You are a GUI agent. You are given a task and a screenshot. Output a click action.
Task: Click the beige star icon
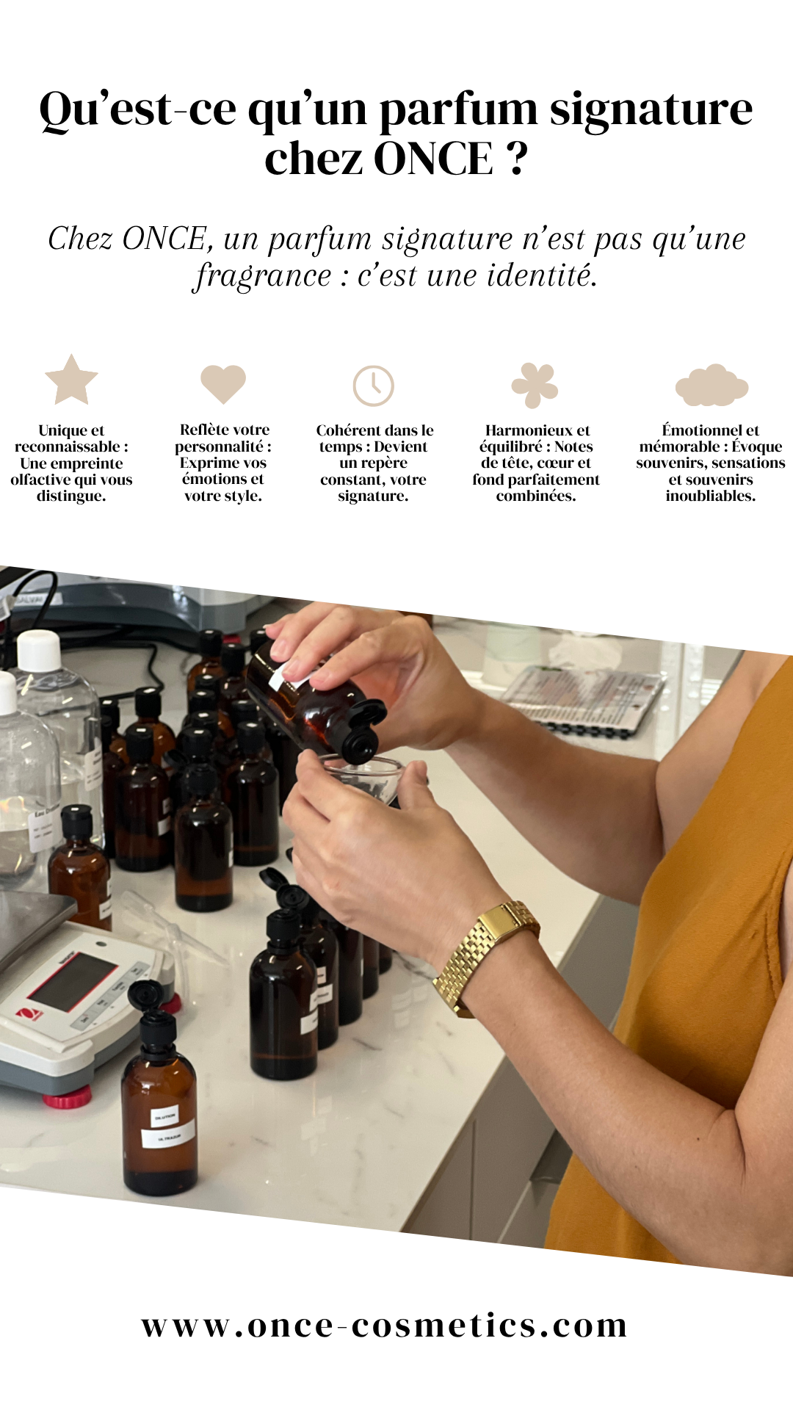(71, 380)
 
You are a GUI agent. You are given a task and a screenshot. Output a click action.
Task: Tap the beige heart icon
(223, 383)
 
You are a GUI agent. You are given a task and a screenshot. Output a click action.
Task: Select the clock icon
(374, 386)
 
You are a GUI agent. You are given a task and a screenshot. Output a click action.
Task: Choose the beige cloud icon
(711, 386)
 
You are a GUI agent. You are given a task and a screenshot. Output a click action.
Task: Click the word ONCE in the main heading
(434, 159)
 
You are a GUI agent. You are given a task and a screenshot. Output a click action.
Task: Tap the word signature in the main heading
(651, 110)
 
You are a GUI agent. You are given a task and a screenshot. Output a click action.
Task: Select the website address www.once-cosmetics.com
(385, 1326)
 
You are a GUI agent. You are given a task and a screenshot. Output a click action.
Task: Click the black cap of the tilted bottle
(363, 731)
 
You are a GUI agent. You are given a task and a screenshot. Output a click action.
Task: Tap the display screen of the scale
(72, 981)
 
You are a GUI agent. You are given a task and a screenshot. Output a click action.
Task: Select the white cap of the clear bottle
(39, 650)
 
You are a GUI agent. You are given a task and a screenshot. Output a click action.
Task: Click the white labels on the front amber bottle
(167, 1127)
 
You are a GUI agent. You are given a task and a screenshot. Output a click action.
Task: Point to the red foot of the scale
(67, 1097)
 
